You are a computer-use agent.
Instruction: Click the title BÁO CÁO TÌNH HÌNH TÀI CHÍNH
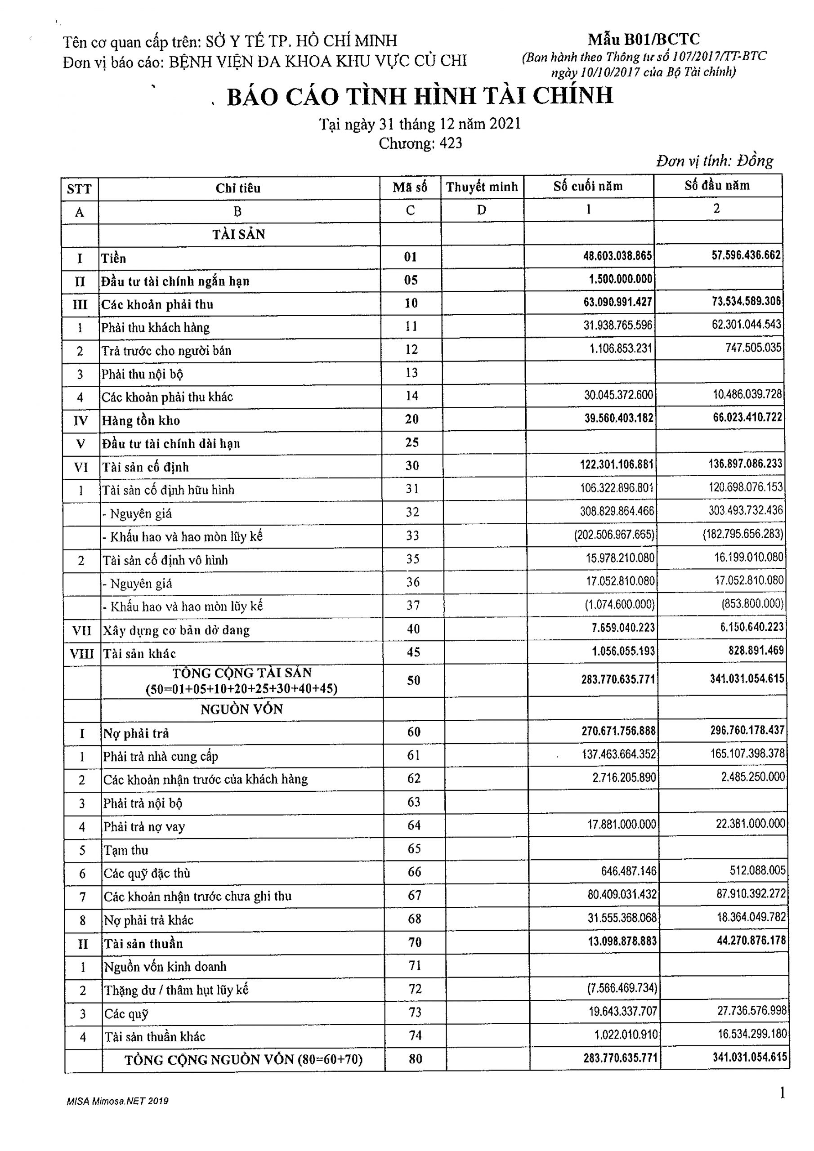point(420,96)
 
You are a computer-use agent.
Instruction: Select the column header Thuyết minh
point(482,187)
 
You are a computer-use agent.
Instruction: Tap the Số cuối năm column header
point(588,187)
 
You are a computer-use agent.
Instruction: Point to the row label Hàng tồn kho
point(141,420)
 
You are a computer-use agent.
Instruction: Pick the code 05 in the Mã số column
point(411,280)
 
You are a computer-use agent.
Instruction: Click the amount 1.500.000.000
point(621,279)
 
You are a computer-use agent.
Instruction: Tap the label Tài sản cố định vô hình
point(165,560)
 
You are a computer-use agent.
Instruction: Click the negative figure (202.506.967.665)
point(614,535)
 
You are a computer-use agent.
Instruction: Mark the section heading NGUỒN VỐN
point(242,709)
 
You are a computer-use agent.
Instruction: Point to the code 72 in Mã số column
point(415,989)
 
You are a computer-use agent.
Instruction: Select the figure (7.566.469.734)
point(622,988)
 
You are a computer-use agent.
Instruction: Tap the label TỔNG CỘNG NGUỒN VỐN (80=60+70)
point(243,1060)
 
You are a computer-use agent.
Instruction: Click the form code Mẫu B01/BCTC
point(644,39)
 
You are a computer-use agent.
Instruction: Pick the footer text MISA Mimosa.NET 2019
point(117,1102)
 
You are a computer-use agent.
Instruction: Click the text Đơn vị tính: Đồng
point(714,161)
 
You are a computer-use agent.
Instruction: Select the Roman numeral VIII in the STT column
point(81,654)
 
